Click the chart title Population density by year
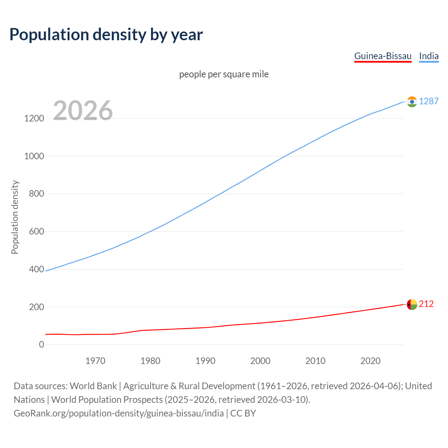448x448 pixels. click(106, 35)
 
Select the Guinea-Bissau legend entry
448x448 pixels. click(383, 56)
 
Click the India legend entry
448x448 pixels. click(428, 56)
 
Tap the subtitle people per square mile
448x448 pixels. click(224, 74)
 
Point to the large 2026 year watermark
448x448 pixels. click(83, 111)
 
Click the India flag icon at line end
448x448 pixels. click(412, 101)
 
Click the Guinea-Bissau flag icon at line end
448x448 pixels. click(412, 304)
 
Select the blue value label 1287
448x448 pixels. click(428, 101)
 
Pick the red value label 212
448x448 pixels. click(426, 304)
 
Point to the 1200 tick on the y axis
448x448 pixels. click(34, 118)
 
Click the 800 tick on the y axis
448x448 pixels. click(36, 194)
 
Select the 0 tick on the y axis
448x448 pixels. click(42, 345)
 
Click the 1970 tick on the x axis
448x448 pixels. click(95, 361)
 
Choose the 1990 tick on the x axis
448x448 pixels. click(205, 361)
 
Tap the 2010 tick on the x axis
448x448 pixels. click(315, 361)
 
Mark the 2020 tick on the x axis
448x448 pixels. click(370, 361)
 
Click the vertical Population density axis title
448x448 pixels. click(15, 217)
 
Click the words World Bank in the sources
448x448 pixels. click(93, 386)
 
